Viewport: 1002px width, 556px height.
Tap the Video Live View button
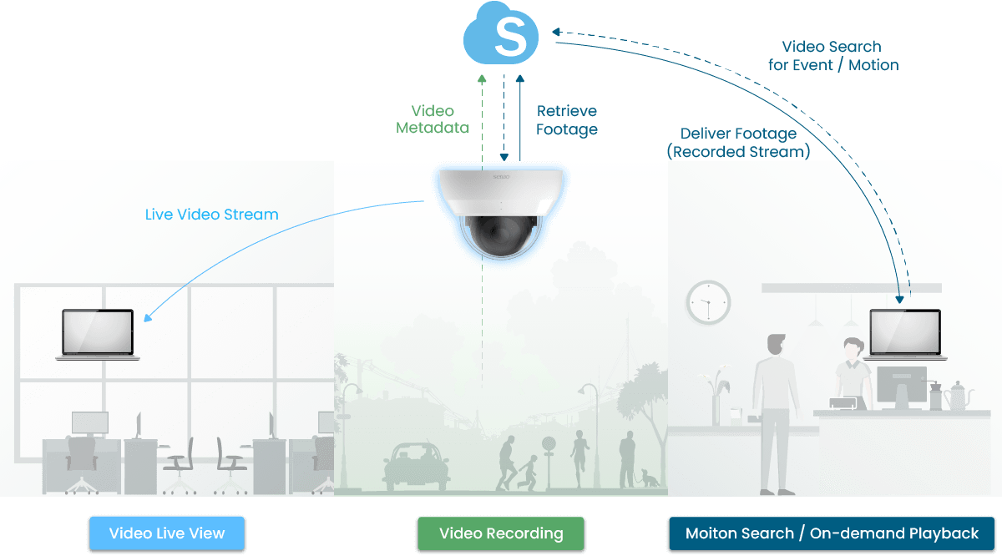coord(167,533)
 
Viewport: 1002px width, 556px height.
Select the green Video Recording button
coord(501,533)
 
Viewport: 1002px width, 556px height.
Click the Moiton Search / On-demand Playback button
coord(832,533)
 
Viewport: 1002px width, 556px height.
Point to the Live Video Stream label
coord(211,215)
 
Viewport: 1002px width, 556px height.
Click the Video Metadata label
coord(433,119)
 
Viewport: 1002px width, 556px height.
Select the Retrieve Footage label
coord(567,119)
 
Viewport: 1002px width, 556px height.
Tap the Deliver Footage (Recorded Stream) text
coord(738,143)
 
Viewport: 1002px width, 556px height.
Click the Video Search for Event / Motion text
coord(832,56)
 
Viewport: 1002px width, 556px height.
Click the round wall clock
coord(708,302)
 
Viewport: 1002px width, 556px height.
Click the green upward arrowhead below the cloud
coord(481,78)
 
